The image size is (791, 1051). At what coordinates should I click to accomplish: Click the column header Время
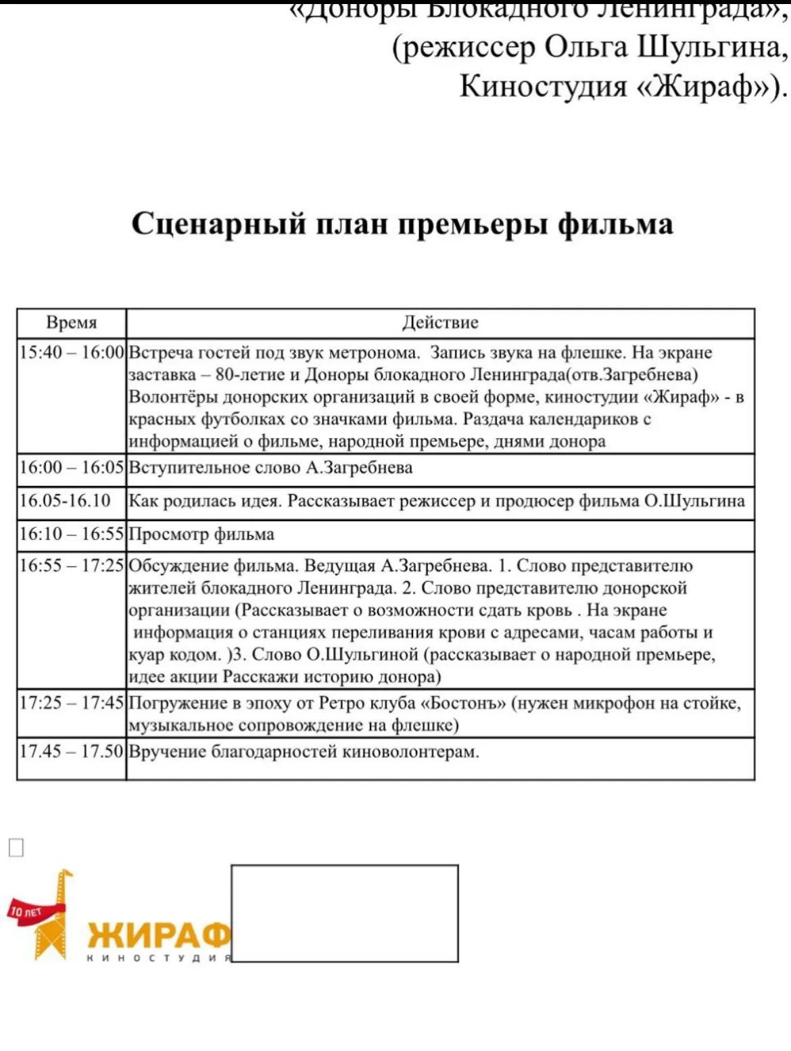pos(72,322)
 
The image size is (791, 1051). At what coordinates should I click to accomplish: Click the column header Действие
pos(440,322)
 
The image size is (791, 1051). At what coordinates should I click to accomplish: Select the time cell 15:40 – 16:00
pos(72,352)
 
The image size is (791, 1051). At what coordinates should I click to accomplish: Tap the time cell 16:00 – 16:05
pos(72,468)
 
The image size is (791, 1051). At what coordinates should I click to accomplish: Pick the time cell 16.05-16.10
pos(65,501)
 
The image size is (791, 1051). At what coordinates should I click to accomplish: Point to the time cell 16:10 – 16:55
pos(72,534)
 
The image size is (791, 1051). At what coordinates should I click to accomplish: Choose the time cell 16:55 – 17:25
pos(72,566)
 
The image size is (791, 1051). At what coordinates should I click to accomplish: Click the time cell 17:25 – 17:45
pos(72,703)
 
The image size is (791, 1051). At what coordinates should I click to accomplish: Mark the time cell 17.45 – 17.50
pos(72,752)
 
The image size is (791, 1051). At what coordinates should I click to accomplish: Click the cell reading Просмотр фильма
pos(201,535)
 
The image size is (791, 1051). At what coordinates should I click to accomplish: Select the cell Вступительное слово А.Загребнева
pos(270,468)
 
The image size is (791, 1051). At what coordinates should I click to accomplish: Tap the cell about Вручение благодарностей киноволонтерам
pos(304,752)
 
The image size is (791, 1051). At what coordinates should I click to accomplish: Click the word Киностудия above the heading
pos(544,86)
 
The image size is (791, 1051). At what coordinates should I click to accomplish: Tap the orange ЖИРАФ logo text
pos(160,935)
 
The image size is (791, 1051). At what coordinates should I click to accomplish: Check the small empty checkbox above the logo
pos(16,847)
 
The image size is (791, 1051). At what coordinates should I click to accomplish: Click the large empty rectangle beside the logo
pos(345,913)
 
